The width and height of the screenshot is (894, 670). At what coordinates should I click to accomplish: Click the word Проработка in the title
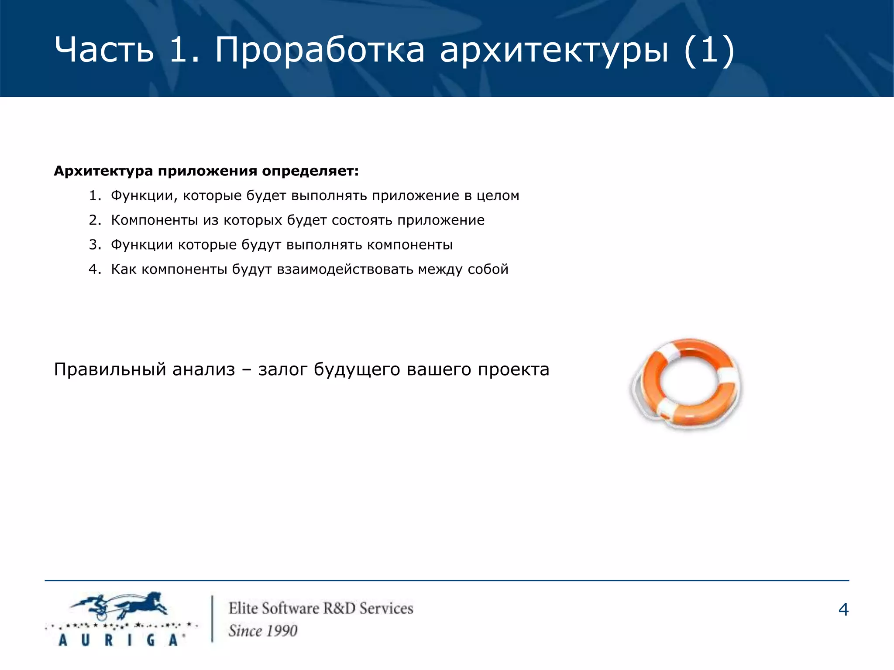[320, 50]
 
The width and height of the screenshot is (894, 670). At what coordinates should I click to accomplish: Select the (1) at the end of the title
[709, 50]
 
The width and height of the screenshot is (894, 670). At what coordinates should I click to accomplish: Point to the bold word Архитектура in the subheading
[103, 171]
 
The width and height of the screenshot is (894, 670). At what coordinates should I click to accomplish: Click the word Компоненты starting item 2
[155, 220]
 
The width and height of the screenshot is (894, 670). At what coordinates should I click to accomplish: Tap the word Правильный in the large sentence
[110, 369]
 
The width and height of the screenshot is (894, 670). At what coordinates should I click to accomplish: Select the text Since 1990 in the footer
[263, 631]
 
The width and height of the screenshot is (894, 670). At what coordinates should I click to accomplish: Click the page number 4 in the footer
[843, 609]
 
